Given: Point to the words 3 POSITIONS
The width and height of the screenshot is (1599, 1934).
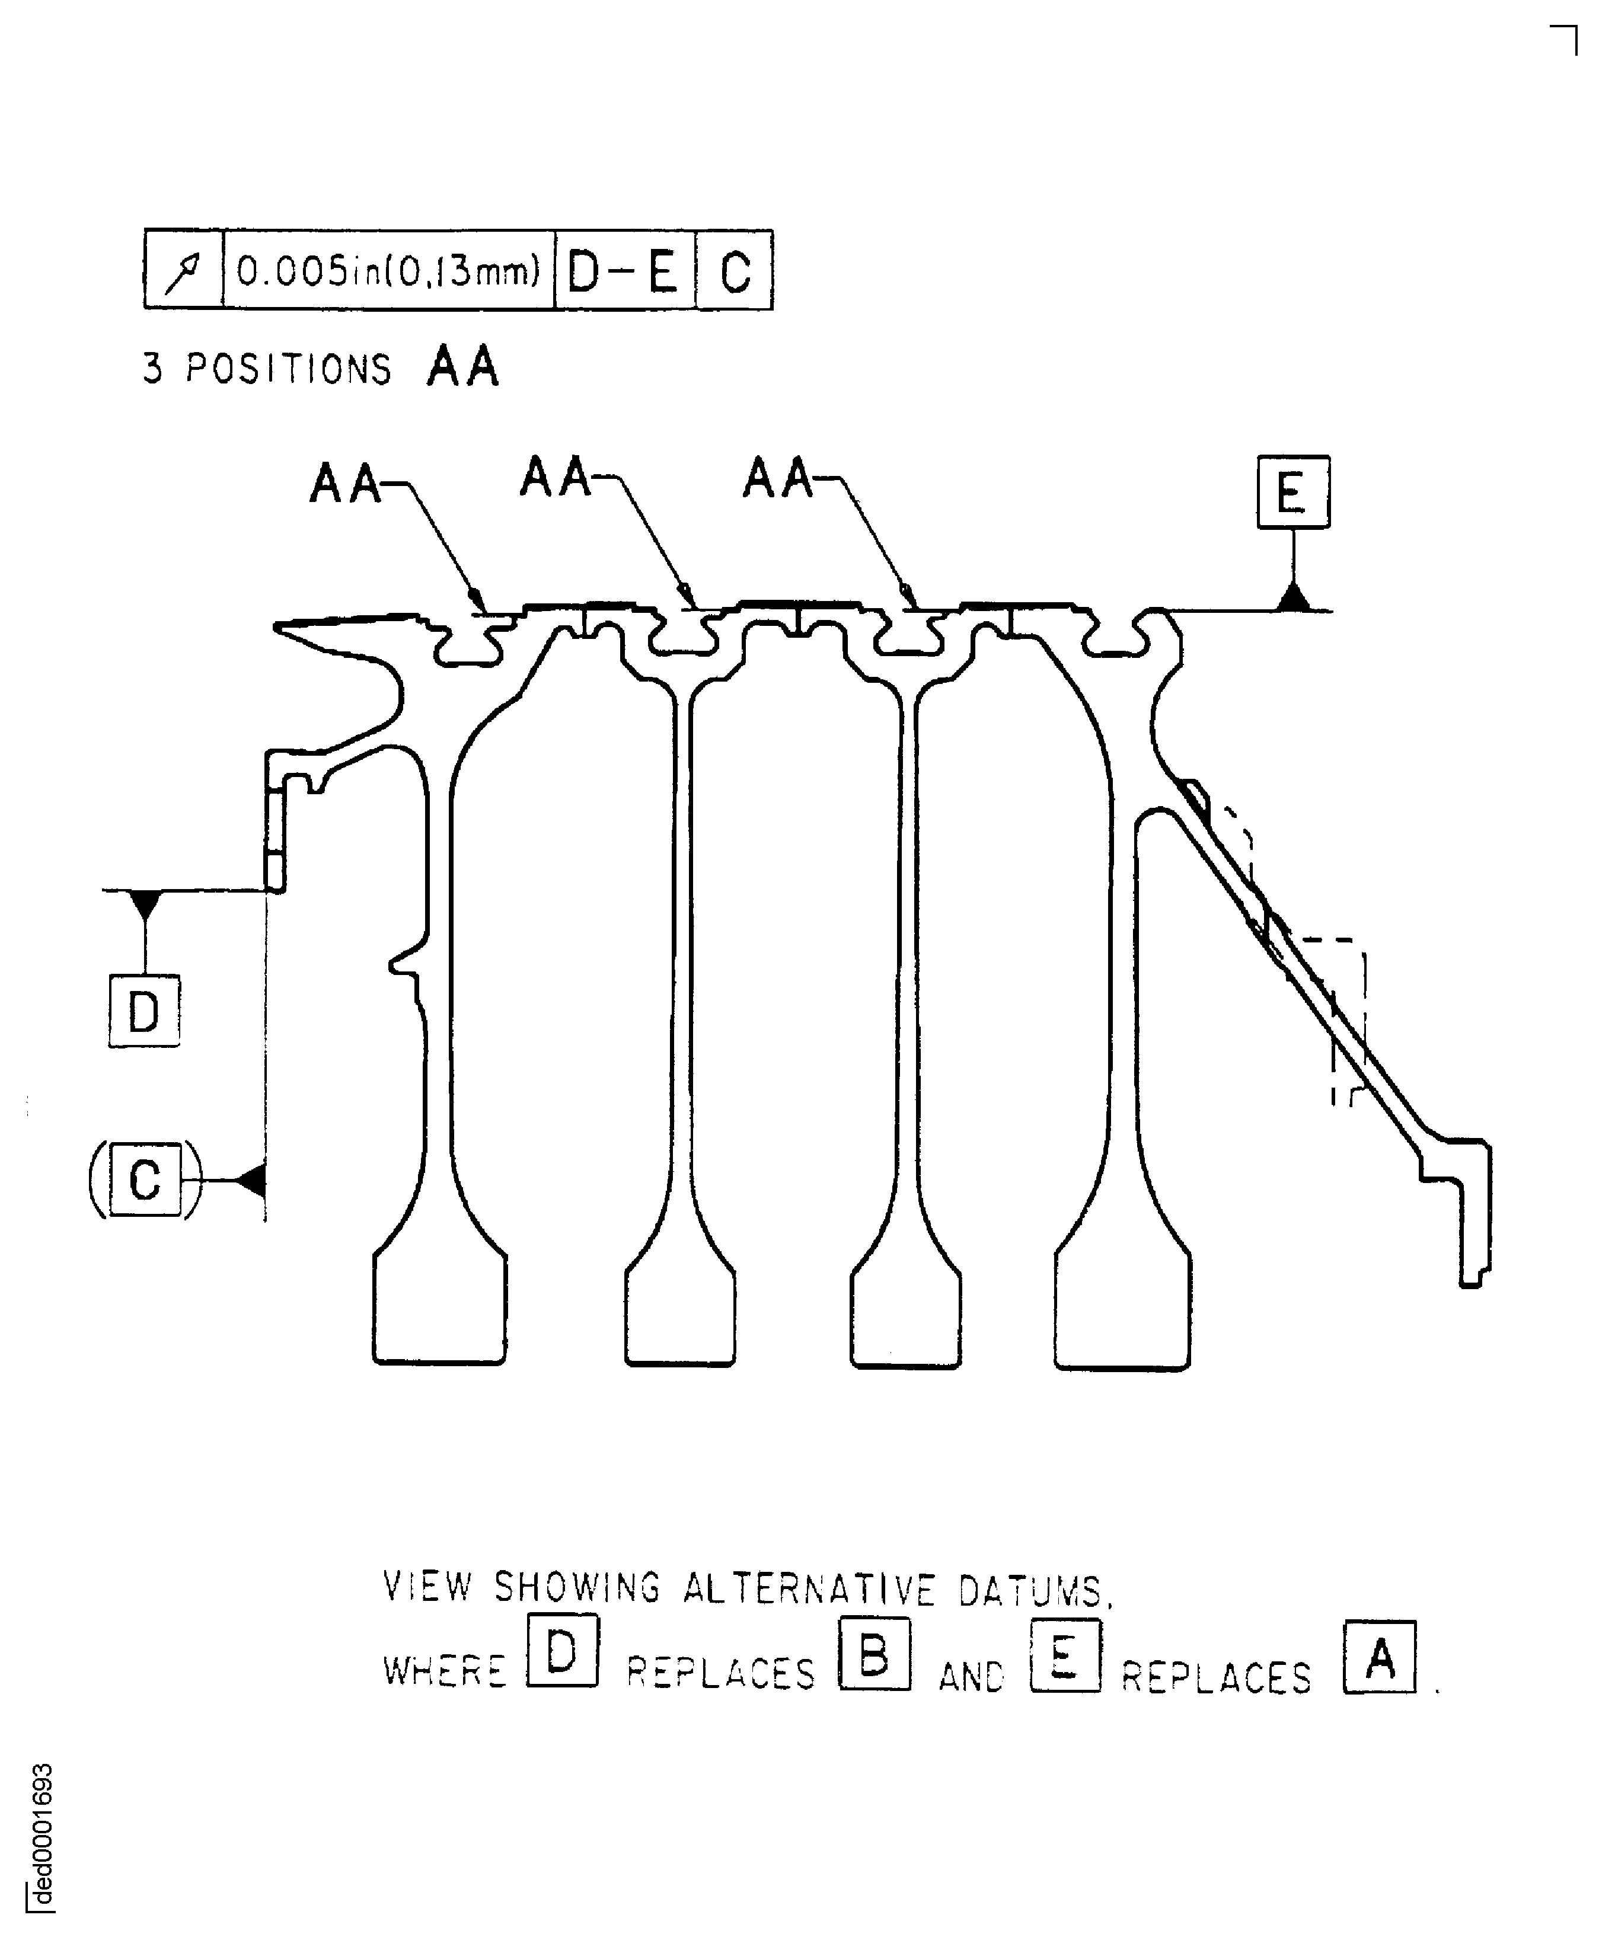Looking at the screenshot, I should (x=268, y=369).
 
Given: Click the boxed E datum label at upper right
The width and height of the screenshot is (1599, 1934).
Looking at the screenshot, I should (x=1293, y=492).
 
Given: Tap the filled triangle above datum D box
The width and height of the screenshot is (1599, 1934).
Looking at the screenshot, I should (x=145, y=903).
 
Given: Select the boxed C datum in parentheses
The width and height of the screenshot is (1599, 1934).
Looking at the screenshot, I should (x=145, y=1179).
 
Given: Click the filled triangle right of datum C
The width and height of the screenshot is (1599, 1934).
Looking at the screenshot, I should (x=251, y=1179).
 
